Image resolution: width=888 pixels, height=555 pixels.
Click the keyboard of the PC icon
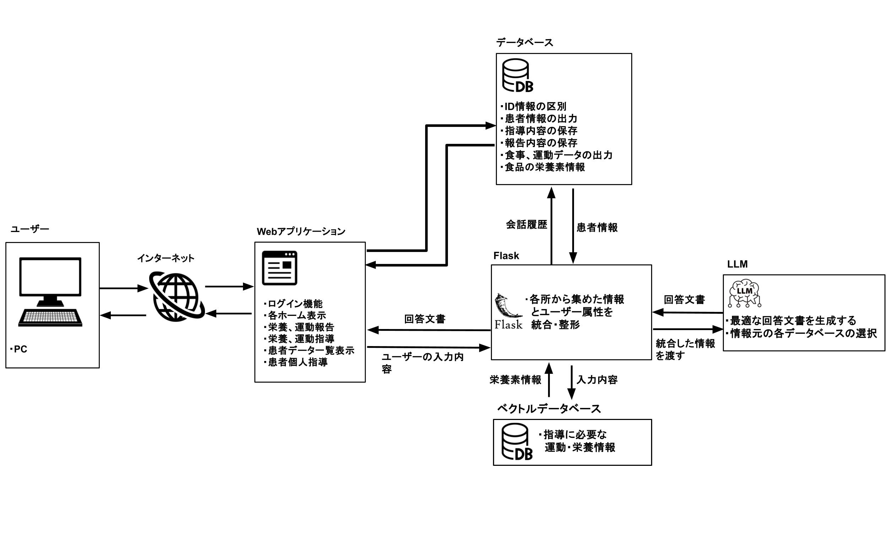tap(50, 318)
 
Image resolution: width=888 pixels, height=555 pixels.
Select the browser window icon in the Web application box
tap(279, 268)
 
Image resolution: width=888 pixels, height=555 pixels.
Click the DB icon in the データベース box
tap(518, 76)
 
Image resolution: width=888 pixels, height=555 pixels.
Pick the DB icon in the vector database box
tap(517, 442)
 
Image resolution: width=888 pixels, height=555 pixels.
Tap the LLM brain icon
tap(744, 293)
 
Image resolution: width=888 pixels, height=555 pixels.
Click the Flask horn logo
tap(508, 306)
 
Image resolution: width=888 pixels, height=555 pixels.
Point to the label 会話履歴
tap(526, 225)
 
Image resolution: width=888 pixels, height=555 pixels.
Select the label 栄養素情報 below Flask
tap(515, 380)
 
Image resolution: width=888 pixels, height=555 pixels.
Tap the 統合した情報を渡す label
tap(685, 349)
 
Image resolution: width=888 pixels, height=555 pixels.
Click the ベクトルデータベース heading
tap(549, 409)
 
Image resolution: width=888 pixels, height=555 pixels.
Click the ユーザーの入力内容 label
tap(422, 363)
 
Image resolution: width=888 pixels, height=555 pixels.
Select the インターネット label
tap(166, 258)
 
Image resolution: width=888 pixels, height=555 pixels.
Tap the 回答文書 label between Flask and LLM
tap(684, 300)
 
